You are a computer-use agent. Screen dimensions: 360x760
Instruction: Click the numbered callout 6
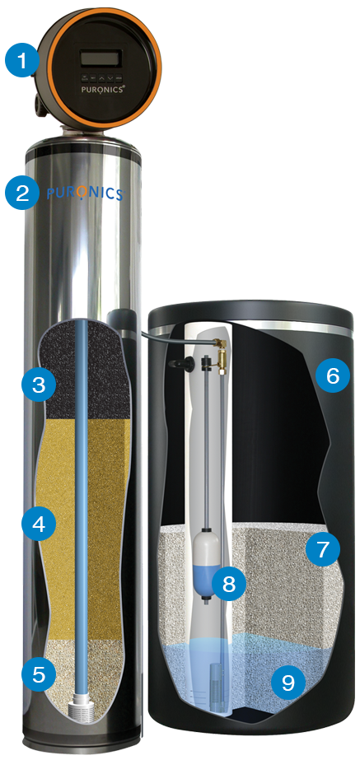click(x=332, y=375)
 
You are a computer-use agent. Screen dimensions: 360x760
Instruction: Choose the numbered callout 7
click(x=323, y=549)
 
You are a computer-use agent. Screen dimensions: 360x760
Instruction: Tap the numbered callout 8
click(x=228, y=584)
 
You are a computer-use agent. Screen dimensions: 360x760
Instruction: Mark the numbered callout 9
click(x=288, y=683)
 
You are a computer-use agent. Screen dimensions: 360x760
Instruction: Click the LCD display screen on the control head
click(x=101, y=59)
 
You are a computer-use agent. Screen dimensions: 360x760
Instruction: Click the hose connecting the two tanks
click(x=175, y=337)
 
